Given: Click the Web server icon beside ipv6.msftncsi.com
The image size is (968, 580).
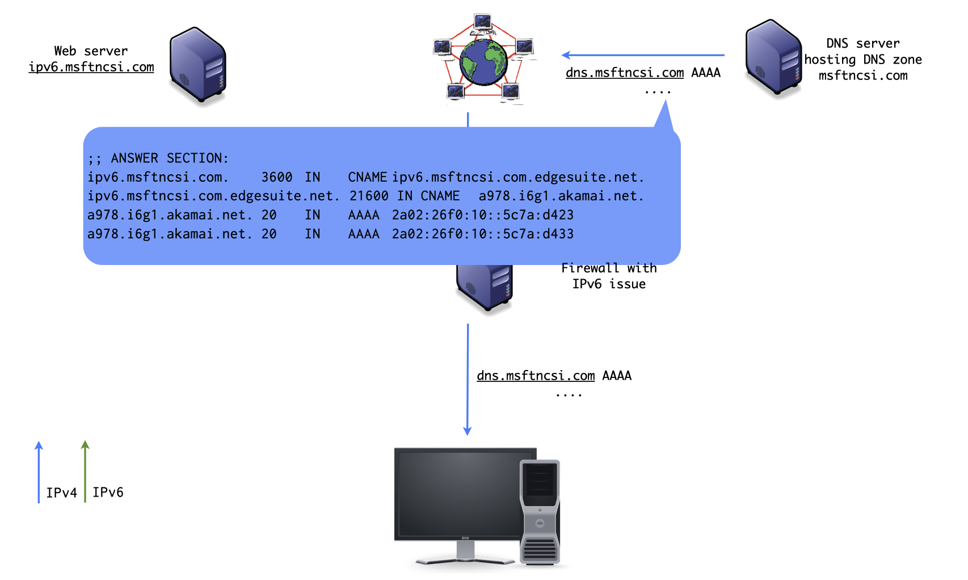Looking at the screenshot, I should (198, 65).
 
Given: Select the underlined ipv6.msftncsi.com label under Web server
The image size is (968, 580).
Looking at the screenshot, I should (91, 67).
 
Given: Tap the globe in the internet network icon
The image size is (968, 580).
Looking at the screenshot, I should (483, 61).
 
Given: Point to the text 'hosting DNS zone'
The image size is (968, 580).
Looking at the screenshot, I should (862, 60).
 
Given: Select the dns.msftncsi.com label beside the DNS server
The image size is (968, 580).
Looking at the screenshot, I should (625, 73).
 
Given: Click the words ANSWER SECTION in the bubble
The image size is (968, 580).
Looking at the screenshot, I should (169, 158).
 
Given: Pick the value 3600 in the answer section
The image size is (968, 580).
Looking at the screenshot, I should (277, 177).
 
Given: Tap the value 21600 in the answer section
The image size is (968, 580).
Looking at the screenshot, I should (369, 196).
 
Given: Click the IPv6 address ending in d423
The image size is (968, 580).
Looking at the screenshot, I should (482, 215).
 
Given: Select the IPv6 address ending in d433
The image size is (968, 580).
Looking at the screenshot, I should (482, 234).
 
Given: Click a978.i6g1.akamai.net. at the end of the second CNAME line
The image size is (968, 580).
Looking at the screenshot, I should (561, 196).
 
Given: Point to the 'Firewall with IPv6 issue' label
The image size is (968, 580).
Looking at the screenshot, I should (609, 276).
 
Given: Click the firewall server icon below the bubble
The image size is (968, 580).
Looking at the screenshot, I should (485, 287).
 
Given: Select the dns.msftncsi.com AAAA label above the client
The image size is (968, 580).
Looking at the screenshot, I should (553, 376).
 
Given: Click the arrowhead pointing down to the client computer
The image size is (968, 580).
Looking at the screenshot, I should (468, 431).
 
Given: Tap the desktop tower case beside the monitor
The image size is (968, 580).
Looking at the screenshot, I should (540, 511).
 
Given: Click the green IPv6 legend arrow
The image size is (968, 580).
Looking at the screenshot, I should (85, 471).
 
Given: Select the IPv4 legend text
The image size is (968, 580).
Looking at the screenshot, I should (61, 493).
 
